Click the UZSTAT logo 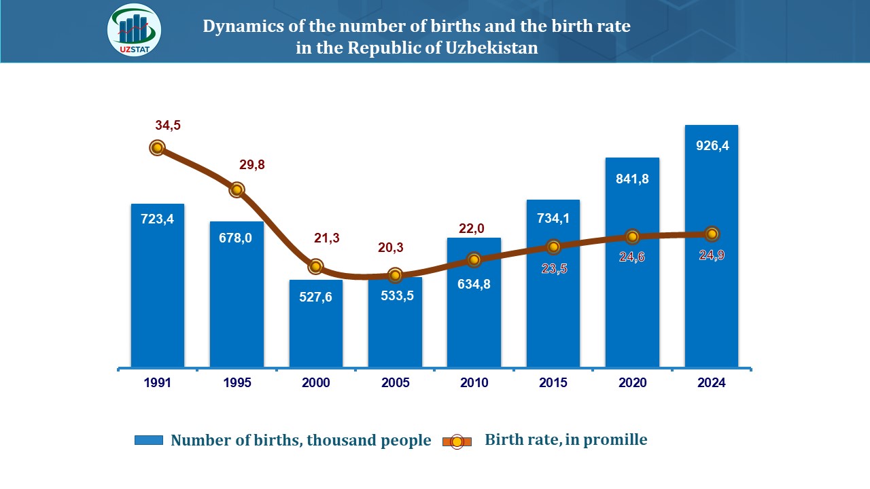134,31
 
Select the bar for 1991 157,285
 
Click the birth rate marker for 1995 237,189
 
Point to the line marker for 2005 395,275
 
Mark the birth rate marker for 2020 632,236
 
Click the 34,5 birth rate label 168,126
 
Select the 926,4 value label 712,145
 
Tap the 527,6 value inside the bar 315,297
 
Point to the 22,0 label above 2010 472,230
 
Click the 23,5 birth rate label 554,268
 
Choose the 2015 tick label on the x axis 553,383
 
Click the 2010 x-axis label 474,383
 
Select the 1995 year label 237,383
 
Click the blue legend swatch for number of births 149,440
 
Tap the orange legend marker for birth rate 457,441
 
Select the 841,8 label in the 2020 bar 632,179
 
